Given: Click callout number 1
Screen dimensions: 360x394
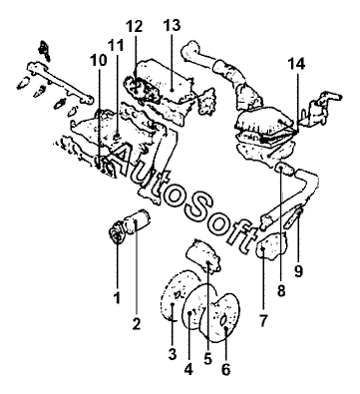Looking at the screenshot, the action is [x=117, y=298].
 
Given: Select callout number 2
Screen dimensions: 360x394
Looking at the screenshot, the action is [x=137, y=323].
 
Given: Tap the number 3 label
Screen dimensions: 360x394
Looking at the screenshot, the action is [x=173, y=354].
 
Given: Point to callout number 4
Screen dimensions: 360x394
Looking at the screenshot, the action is [x=188, y=369].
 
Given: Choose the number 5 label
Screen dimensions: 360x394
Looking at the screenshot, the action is [x=207, y=358].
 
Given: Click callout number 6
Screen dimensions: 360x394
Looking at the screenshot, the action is [x=225, y=369].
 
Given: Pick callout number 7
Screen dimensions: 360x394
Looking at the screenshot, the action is [x=262, y=321].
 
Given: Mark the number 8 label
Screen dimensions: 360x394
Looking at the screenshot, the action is [x=281, y=291].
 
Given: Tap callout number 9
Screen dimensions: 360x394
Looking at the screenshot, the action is [x=298, y=271].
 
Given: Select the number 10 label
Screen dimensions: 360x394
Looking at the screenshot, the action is [x=99, y=60].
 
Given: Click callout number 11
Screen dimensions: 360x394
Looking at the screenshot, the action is [x=116, y=45].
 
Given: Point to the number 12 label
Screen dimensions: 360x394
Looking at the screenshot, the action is [x=134, y=26].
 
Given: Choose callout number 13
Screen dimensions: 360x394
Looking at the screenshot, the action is [x=172, y=25].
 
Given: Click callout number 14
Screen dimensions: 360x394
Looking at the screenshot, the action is [x=296, y=64].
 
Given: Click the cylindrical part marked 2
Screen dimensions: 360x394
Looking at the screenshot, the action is [x=138, y=221].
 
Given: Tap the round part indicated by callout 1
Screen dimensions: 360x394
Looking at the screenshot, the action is [x=117, y=233].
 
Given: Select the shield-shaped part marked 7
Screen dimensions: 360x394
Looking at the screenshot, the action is [x=272, y=246].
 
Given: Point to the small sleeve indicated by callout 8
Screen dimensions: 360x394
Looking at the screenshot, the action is [x=284, y=170].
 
